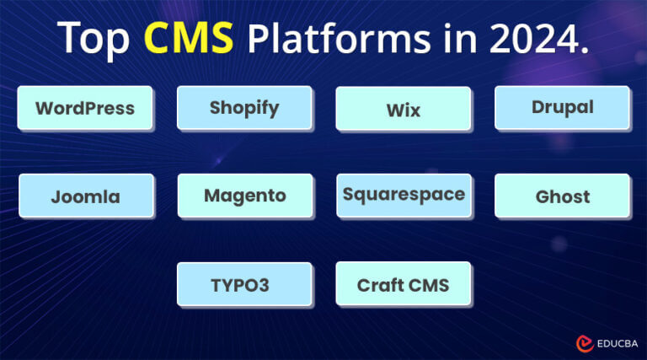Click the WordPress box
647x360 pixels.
85,108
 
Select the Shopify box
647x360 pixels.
244,108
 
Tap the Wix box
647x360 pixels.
403,110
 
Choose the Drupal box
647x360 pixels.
562,107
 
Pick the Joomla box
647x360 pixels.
85,196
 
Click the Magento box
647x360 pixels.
244,196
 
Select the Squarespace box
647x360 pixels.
403,195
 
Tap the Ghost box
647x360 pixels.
562,196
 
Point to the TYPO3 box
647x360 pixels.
244,285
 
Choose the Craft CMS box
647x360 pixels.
403,285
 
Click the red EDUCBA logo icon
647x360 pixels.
584,343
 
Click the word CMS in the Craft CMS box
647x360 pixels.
426,285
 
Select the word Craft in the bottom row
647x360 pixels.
378,285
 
